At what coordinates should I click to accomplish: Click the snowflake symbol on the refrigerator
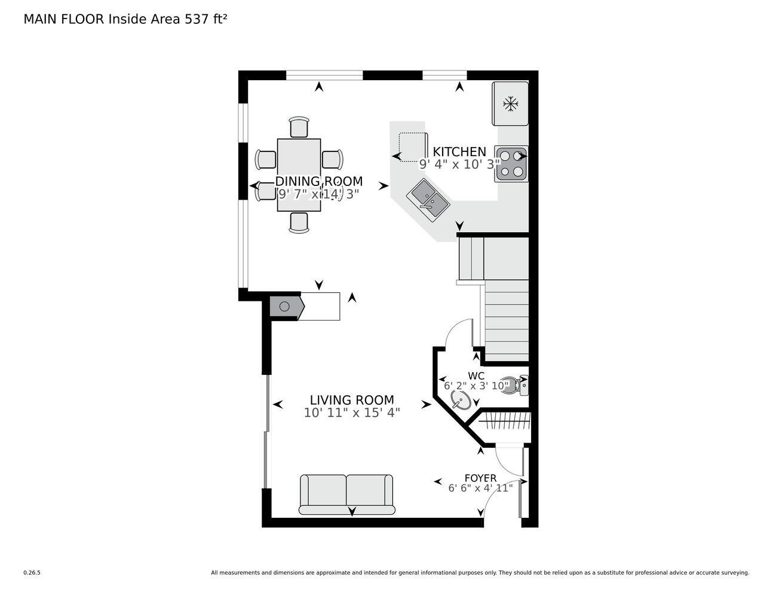(511, 104)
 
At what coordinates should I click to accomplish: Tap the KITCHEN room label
(459, 152)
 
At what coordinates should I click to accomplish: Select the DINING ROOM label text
(319, 181)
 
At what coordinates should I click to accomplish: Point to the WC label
(476, 376)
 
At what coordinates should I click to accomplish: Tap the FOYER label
(481, 478)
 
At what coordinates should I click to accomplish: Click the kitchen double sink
(428, 200)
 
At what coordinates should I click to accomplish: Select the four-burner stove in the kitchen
(511, 164)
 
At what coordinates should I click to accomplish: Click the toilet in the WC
(514, 386)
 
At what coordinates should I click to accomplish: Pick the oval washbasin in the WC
(461, 399)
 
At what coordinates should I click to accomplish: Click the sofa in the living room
(347, 495)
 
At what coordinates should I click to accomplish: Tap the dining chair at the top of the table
(299, 127)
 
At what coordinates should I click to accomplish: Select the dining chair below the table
(299, 223)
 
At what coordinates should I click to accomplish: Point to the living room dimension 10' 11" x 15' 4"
(352, 413)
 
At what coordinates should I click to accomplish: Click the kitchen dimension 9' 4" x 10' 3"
(459, 164)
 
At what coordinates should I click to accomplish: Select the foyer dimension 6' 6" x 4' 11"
(481, 487)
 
